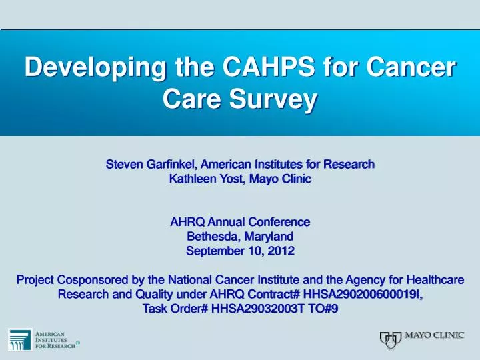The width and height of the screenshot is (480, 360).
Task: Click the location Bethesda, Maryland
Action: click(x=240, y=236)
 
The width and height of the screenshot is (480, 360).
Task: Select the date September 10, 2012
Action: click(x=240, y=251)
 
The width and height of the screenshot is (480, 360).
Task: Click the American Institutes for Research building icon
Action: click(x=19, y=340)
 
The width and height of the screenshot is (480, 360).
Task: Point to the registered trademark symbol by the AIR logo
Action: click(x=79, y=343)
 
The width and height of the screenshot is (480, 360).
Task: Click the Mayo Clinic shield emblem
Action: click(x=391, y=340)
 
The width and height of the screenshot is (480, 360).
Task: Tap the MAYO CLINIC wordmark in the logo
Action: click(x=435, y=335)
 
